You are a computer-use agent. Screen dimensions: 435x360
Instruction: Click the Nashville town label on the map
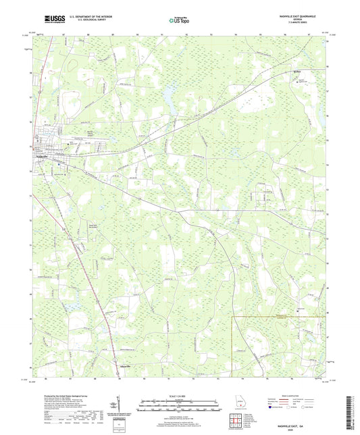(x=42, y=157)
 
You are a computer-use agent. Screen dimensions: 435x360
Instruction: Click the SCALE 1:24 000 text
(x=180, y=395)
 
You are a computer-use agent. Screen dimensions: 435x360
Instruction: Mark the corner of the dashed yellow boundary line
(x=233, y=315)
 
